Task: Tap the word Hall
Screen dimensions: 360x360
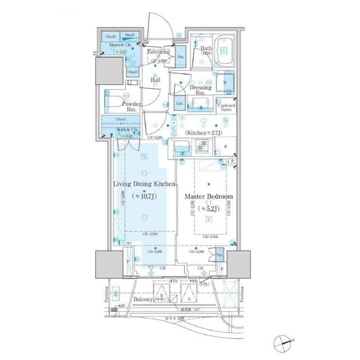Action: pyautogui.click(x=155, y=80)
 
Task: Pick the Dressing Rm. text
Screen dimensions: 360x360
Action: pyautogui.click(x=201, y=91)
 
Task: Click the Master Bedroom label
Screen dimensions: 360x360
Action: pyautogui.click(x=209, y=197)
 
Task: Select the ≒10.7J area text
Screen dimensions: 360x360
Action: pyautogui.click(x=145, y=197)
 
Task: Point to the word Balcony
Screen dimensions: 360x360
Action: pyautogui.click(x=143, y=300)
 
